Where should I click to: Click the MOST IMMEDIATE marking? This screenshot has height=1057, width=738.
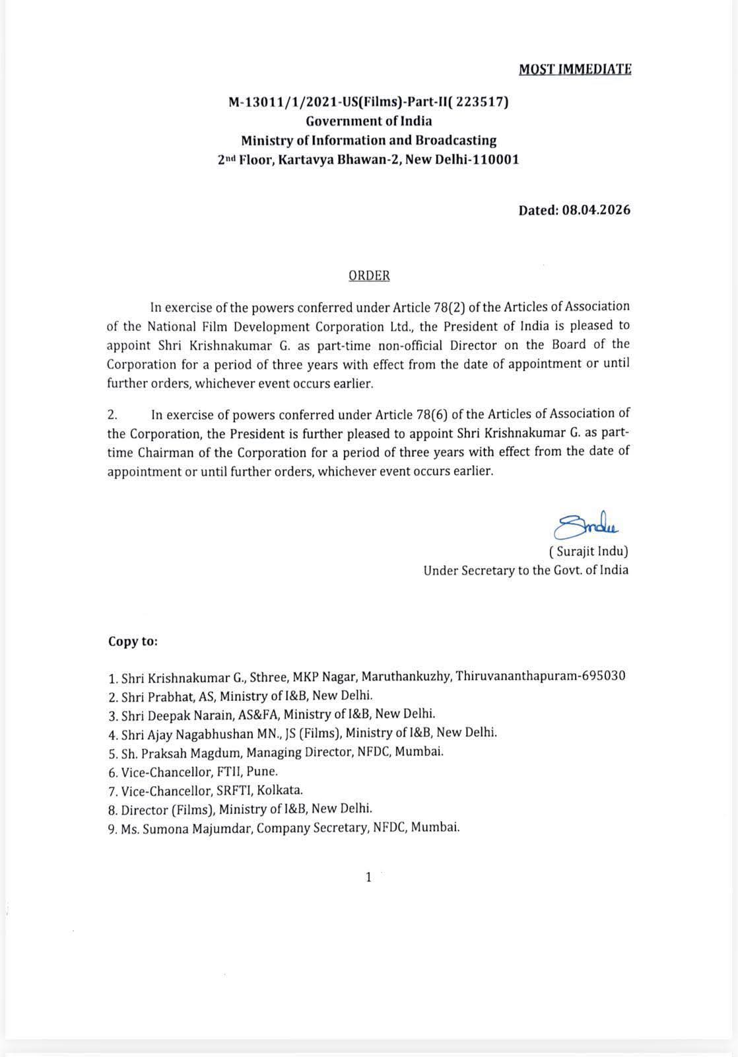point(575,69)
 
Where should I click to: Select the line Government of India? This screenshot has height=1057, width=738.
point(368,121)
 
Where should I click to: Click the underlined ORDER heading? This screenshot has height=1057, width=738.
point(369,275)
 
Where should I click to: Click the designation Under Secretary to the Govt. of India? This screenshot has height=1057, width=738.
point(525,570)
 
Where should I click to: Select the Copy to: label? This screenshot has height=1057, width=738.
point(133,641)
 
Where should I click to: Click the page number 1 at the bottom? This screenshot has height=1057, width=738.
point(368,877)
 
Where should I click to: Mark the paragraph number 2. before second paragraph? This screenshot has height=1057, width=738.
point(112,414)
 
